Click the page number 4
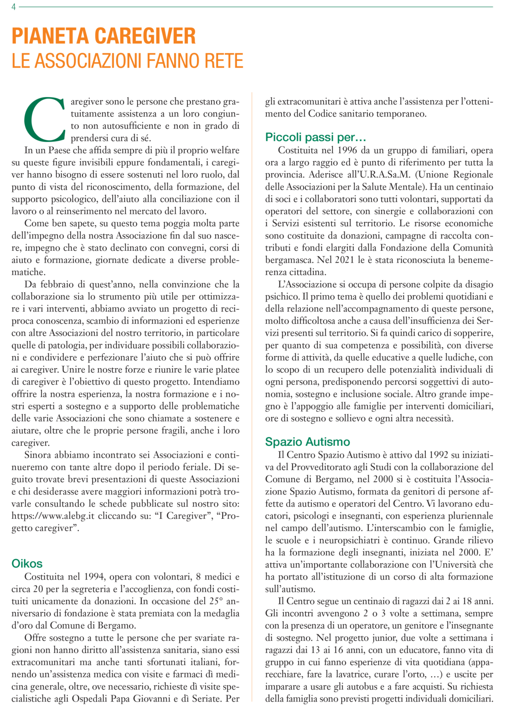tap(14, 7)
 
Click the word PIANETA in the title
tap(50, 36)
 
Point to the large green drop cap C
tap(44, 118)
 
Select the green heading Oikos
tap(27, 564)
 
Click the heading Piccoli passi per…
tap(316, 137)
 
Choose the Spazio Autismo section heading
tap(308, 442)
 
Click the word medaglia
tap(221, 614)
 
